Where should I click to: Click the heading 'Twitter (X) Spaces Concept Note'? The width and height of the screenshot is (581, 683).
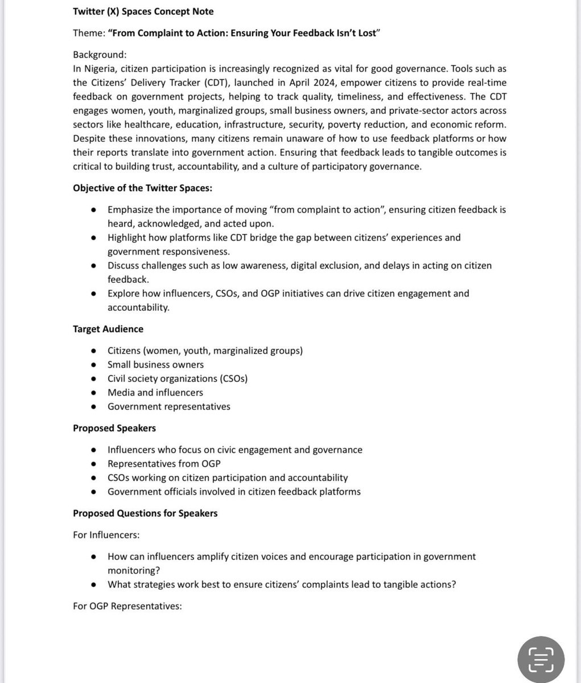pyautogui.click(x=143, y=11)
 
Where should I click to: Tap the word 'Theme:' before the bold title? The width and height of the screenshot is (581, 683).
pyautogui.click(x=88, y=33)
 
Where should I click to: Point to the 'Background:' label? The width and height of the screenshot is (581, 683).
pyautogui.click(x=100, y=55)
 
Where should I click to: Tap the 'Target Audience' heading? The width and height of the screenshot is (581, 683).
pyautogui.click(x=108, y=329)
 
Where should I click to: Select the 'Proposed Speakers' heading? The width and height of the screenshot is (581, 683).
pyautogui.click(x=114, y=428)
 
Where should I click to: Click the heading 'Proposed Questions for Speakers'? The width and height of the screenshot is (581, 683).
pyautogui.click(x=145, y=513)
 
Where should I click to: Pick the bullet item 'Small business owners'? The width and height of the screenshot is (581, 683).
pyautogui.click(x=155, y=364)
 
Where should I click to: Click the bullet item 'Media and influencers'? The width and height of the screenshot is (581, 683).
pyautogui.click(x=155, y=393)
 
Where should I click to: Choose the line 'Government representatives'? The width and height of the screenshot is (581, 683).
pyautogui.click(x=168, y=406)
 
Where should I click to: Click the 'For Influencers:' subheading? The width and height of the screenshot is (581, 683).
pyautogui.click(x=106, y=535)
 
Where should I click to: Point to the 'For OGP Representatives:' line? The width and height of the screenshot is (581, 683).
pyautogui.click(x=127, y=606)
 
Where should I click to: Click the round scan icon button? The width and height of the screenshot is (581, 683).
pyautogui.click(x=541, y=659)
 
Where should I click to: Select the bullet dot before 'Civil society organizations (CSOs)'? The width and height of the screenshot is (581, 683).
pyautogui.click(x=94, y=379)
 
